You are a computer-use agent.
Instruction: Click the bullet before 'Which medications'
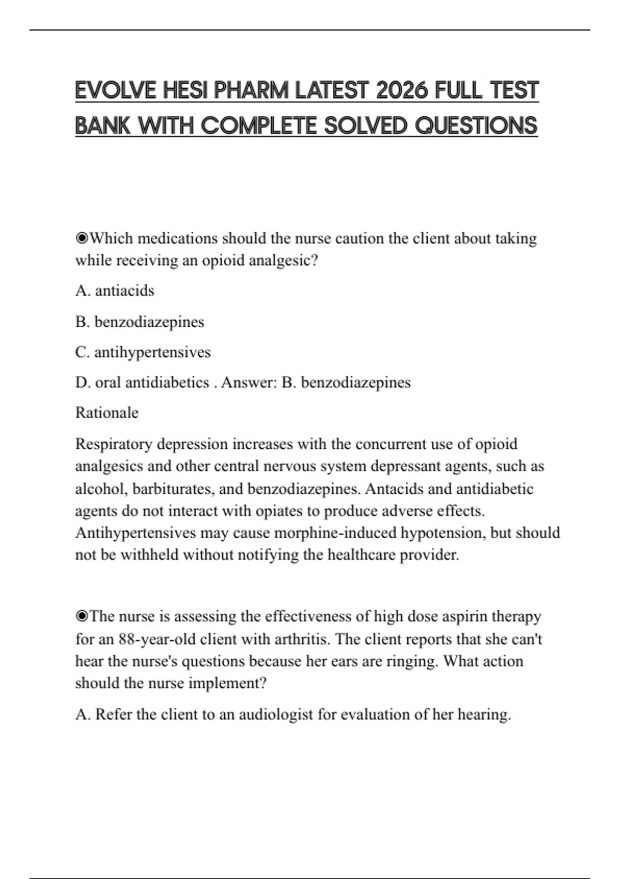(82, 238)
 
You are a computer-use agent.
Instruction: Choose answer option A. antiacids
(115, 291)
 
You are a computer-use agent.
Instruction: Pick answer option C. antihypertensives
(143, 352)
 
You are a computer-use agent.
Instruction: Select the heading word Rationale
(107, 413)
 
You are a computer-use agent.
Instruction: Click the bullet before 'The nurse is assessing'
(82, 616)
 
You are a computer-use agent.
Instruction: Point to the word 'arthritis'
(303, 639)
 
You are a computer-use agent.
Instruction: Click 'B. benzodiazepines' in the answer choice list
(139, 322)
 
